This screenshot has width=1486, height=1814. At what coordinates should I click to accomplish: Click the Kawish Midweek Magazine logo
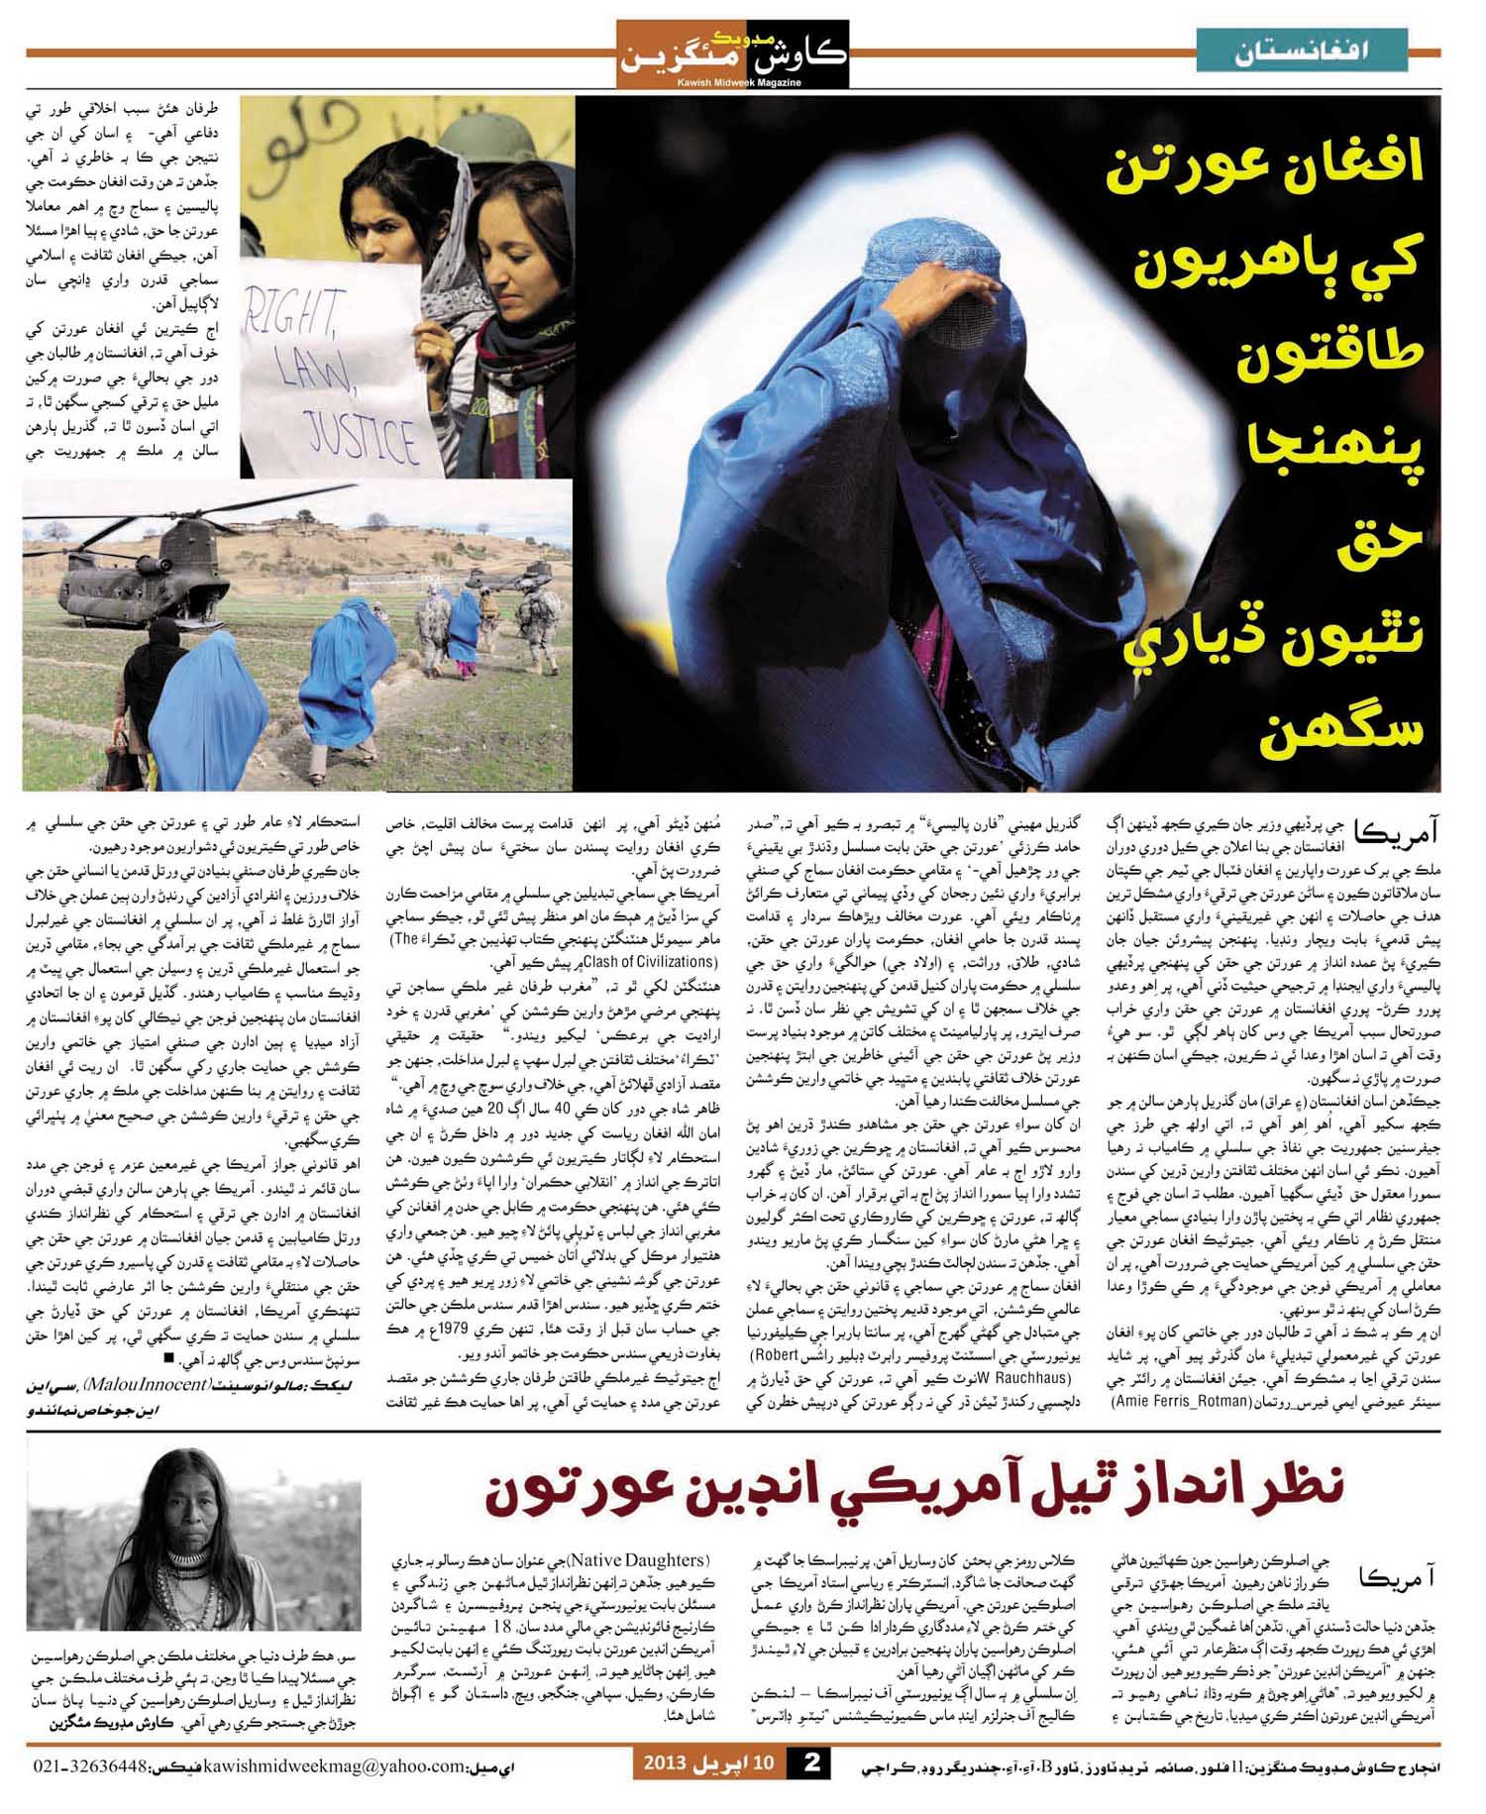click(732, 54)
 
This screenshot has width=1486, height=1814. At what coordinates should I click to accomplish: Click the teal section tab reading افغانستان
click(1302, 50)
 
